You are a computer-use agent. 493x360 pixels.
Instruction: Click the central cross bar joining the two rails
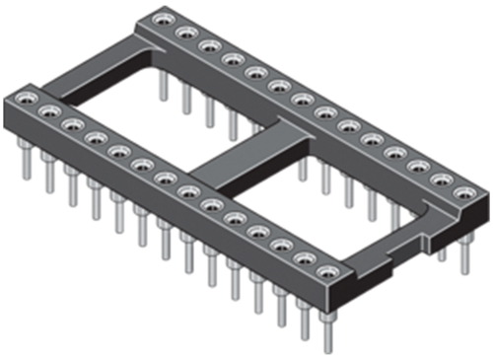(x=242, y=163)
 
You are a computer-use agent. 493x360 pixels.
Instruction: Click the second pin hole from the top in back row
(x=183, y=33)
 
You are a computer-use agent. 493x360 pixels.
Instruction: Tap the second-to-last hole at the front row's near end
(x=304, y=254)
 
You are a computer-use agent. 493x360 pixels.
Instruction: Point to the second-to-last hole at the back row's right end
(x=441, y=180)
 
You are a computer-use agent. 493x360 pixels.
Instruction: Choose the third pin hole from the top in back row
(x=208, y=46)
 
